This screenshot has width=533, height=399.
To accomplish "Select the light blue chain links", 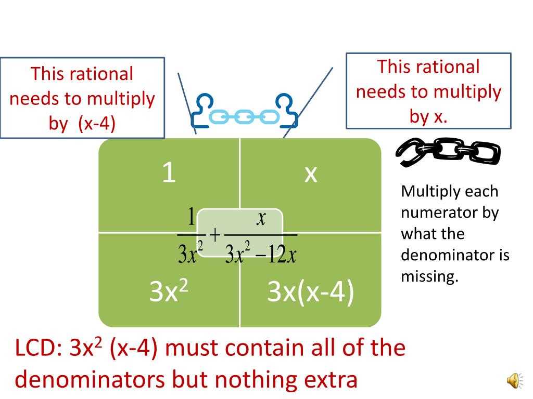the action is pos(244,117).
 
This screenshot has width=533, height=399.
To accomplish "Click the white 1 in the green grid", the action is pos(169,172).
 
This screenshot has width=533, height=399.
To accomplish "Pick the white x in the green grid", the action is pos(311,175).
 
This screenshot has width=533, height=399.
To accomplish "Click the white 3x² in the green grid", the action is pos(169,291).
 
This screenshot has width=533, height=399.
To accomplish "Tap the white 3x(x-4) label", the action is pos(310,291).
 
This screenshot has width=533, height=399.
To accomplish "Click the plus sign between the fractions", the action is pos(214,234).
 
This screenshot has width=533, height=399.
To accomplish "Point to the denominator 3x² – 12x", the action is pos(261,253).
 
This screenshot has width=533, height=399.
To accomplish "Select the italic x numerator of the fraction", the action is pos(261,218).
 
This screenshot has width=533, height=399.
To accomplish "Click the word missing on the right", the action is pos(429,276).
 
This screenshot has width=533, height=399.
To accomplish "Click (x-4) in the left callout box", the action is pos(97,123).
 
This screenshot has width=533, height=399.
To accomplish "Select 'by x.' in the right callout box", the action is pos(428,116).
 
